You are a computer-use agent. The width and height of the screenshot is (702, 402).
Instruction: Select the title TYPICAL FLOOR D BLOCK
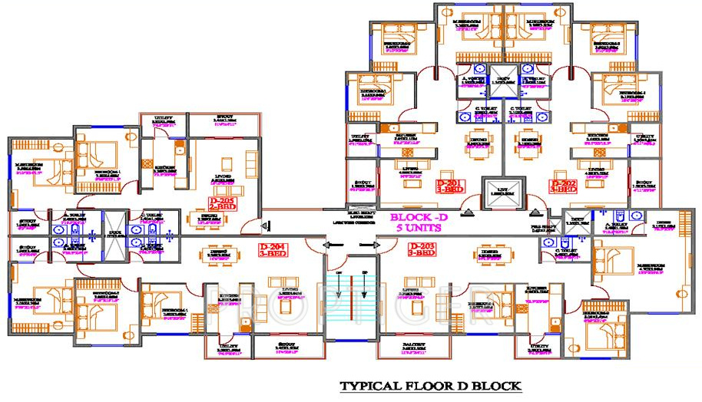point(432,384)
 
